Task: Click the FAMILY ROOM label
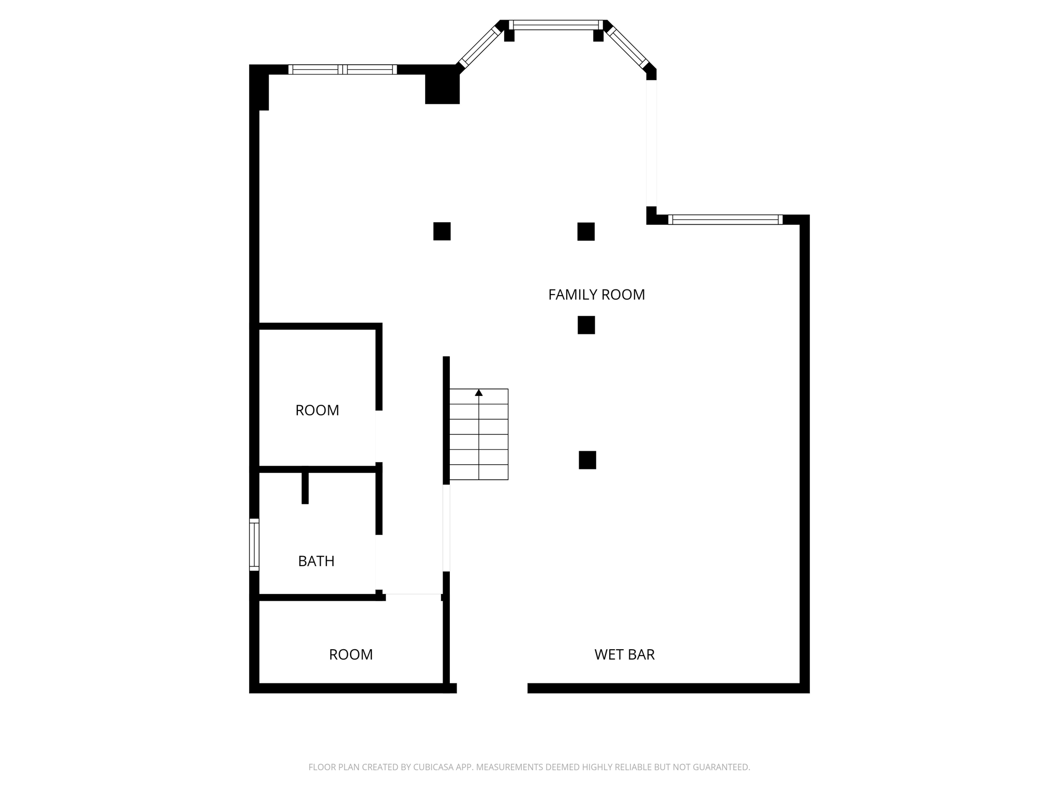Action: pyautogui.click(x=596, y=295)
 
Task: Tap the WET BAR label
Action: pyautogui.click(x=624, y=654)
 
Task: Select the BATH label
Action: pyautogui.click(x=316, y=561)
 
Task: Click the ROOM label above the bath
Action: pyautogui.click(x=317, y=410)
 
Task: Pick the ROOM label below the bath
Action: pyautogui.click(x=351, y=654)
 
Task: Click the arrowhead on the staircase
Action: pyautogui.click(x=479, y=393)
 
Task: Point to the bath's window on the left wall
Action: pyautogui.click(x=254, y=544)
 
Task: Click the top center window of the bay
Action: pyautogui.click(x=556, y=25)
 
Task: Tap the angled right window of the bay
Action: pyautogui.click(x=628, y=47)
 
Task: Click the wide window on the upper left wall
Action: pyautogui.click(x=342, y=69)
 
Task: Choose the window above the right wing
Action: pyautogui.click(x=725, y=219)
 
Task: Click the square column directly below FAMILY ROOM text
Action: pyautogui.click(x=586, y=325)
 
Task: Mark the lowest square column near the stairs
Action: pyautogui.click(x=587, y=460)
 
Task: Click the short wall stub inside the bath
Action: pyautogui.click(x=305, y=487)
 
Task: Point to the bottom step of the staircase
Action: pyautogui.click(x=479, y=472)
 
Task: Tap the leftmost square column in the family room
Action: pyautogui.click(x=442, y=231)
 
